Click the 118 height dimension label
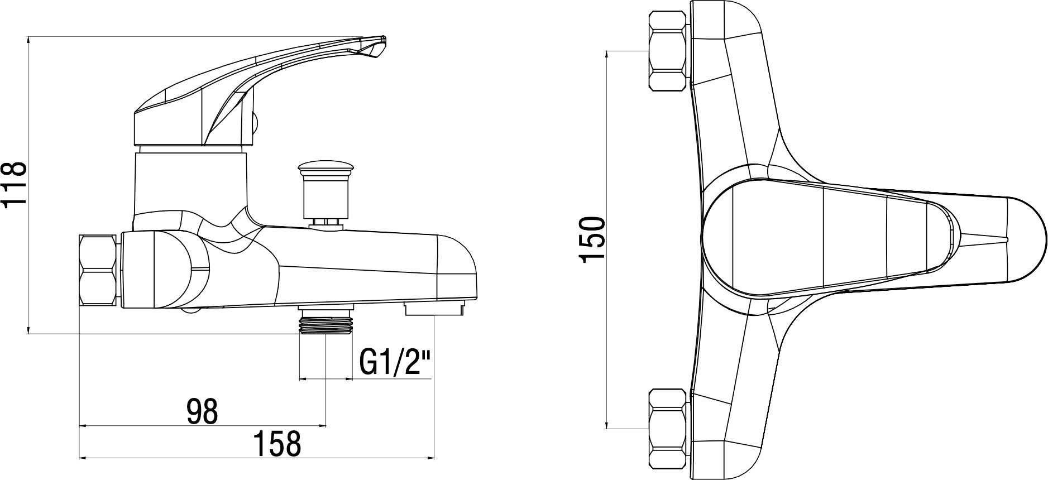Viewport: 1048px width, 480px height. tap(15, 184)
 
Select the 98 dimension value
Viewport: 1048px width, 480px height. tap(202, 411)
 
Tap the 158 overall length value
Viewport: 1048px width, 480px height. tap(277, 444)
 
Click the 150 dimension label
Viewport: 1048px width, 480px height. tap(592, 239)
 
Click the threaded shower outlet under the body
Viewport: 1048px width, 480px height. tap(326, 323)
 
